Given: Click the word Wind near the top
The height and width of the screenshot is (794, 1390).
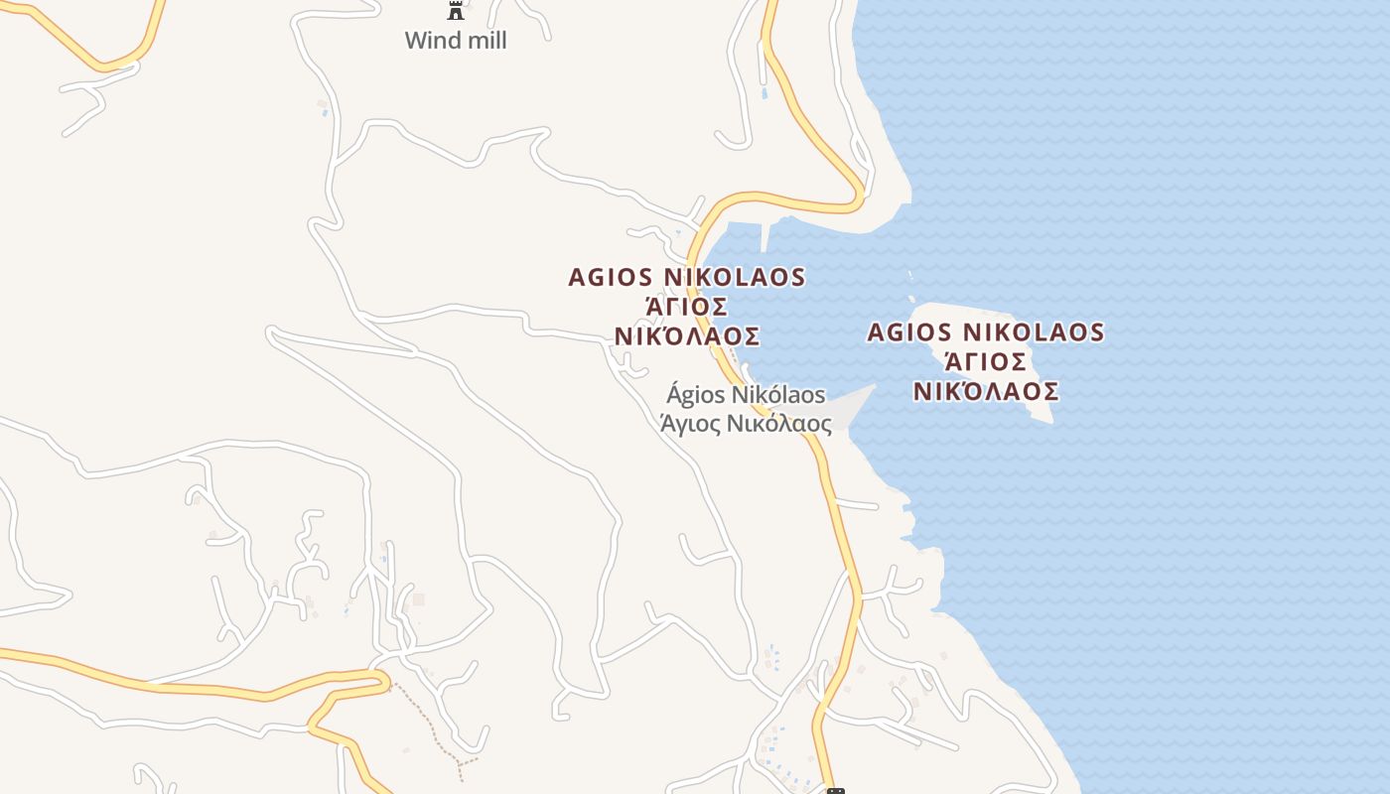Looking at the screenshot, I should coord(430,41).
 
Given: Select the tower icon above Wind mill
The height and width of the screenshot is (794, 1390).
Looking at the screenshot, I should coord(456,11).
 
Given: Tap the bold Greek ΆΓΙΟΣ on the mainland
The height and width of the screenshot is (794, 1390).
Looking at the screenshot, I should coord(687,307).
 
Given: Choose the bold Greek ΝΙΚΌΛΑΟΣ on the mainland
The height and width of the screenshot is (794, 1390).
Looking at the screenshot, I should coord(687,336).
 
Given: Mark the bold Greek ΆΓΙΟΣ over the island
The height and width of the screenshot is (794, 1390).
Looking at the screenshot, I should coord(986,361).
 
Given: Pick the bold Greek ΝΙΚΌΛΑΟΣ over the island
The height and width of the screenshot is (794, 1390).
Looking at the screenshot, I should coord(986,391).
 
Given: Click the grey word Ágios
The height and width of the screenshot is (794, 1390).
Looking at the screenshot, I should coord(695,395).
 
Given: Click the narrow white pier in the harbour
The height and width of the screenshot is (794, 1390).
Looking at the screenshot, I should coord(764,236).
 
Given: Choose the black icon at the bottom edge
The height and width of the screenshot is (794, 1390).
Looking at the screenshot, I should coord(836,790).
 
